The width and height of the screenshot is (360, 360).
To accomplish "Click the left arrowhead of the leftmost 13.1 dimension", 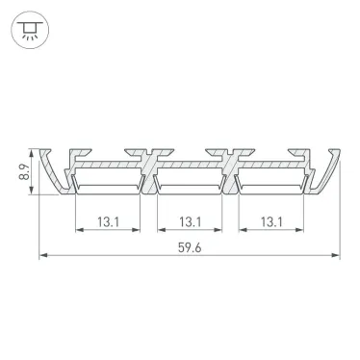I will point(76,230).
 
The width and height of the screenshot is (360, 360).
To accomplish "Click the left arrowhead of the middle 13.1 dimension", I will point(158,230).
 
